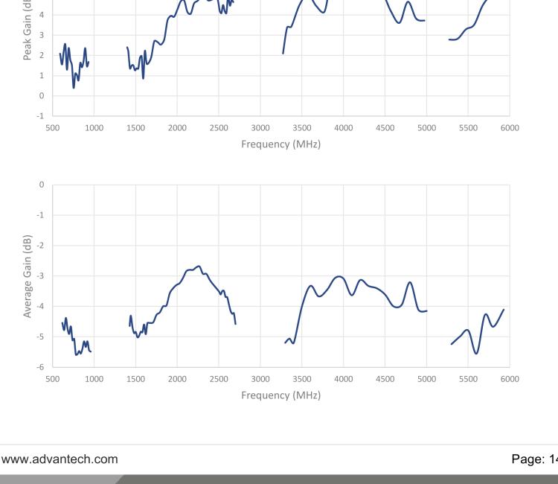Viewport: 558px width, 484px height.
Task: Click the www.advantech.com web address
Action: [x=60, y=459]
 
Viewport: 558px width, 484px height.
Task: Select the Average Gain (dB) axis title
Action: [x=28, y=276]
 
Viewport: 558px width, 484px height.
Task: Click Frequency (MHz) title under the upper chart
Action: [x=280, y=144]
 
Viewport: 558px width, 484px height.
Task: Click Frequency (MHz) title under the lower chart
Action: [x=280, y=395]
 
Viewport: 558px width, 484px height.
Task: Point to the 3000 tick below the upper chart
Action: [x=260, y=128]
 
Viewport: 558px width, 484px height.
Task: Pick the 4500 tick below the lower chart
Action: [x=385, y=379]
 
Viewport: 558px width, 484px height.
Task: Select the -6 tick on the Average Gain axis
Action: [x=42, y=367]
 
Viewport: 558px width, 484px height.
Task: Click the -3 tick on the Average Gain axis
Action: [x=42, y=276]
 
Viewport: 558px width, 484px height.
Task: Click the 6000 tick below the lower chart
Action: [x=510, y=379]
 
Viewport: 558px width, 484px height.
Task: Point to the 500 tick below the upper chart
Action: [x=52, y=128]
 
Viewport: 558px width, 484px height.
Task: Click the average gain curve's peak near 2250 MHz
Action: [x=199, y=266]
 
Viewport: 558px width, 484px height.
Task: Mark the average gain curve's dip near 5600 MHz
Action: [x=476, y=353]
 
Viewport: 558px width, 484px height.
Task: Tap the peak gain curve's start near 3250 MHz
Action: [x=283, y=53]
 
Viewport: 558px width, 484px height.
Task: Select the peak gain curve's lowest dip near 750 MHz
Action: [x=74, y=88]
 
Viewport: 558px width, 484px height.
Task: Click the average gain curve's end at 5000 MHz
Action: [x=426, y=311]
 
